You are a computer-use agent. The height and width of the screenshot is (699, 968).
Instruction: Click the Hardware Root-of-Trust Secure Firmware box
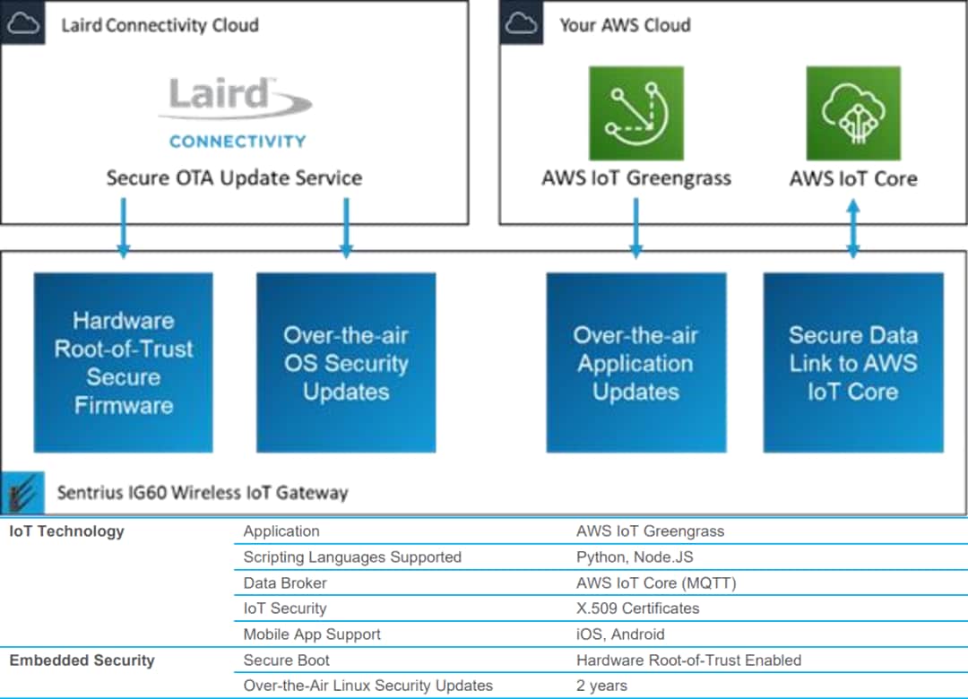click(124, 362)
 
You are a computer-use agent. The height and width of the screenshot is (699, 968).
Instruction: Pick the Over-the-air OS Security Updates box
click(346, 362)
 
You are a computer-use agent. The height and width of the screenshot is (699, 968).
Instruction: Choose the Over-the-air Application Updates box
click(635, 362)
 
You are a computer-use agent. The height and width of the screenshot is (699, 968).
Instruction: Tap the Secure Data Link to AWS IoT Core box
click(853, 362)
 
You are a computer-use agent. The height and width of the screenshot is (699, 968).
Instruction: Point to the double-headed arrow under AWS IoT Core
click(853, 228)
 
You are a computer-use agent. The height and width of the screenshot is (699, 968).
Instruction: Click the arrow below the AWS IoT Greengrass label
click(635, 228)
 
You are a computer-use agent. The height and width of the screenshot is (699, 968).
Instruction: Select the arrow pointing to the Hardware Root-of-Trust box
click(124, 228)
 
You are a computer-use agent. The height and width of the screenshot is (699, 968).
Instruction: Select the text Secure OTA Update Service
click(234, 177)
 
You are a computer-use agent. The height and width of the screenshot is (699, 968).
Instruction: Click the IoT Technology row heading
click(66, 531)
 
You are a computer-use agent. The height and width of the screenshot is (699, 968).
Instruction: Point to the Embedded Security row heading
click(82, 660)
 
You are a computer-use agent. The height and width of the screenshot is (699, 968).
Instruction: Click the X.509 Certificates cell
click(637, 608)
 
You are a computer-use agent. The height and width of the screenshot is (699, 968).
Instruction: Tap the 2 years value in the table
click(601, 686)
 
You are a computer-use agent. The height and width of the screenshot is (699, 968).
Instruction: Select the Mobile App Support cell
click(312, 634)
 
